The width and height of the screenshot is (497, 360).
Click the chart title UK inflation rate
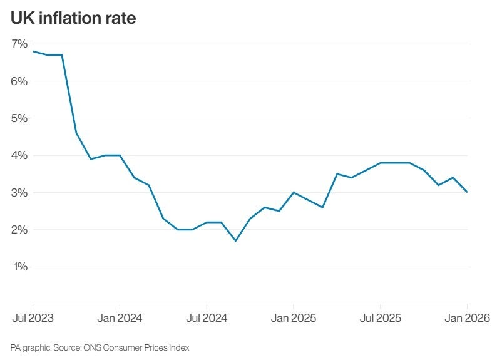click(73, 18)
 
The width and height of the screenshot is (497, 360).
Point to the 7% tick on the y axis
click(19, 44)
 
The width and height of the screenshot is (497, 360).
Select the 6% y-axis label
click(19, 81)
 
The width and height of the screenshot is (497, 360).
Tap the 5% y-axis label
click(19, 118)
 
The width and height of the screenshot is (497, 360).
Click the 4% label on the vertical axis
click(19, 155)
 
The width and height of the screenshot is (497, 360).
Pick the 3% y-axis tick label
click(19, 193)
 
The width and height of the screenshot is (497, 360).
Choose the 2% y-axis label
click(19, 230)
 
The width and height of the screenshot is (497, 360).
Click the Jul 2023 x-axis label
click(33, 318)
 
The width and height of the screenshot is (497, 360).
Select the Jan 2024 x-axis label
click(120, 318)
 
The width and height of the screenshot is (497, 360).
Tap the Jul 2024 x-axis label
click(207, 318)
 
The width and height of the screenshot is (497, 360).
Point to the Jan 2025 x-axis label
click(294, 318)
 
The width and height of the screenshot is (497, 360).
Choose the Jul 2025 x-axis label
click(381, 318)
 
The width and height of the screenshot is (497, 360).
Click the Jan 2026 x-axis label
click(466, 318)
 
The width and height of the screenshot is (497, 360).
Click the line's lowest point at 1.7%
click(235, 241)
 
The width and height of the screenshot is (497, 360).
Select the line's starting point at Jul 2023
click(33, 51)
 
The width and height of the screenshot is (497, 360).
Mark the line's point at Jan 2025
click(294, 192)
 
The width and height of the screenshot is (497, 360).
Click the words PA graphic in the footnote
click(27, 347)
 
